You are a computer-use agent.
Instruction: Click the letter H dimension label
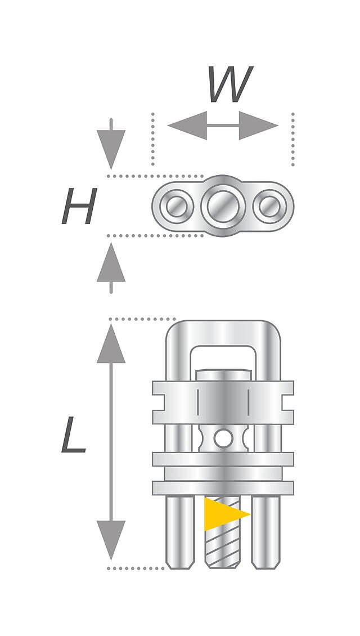tap(79, 207)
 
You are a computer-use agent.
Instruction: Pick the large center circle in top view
tap(223, 205)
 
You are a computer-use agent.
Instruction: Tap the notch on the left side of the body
tap(159, 402)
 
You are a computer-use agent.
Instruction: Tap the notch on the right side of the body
tap(287, 402)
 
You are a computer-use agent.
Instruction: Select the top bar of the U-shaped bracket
tap(223, 332)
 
